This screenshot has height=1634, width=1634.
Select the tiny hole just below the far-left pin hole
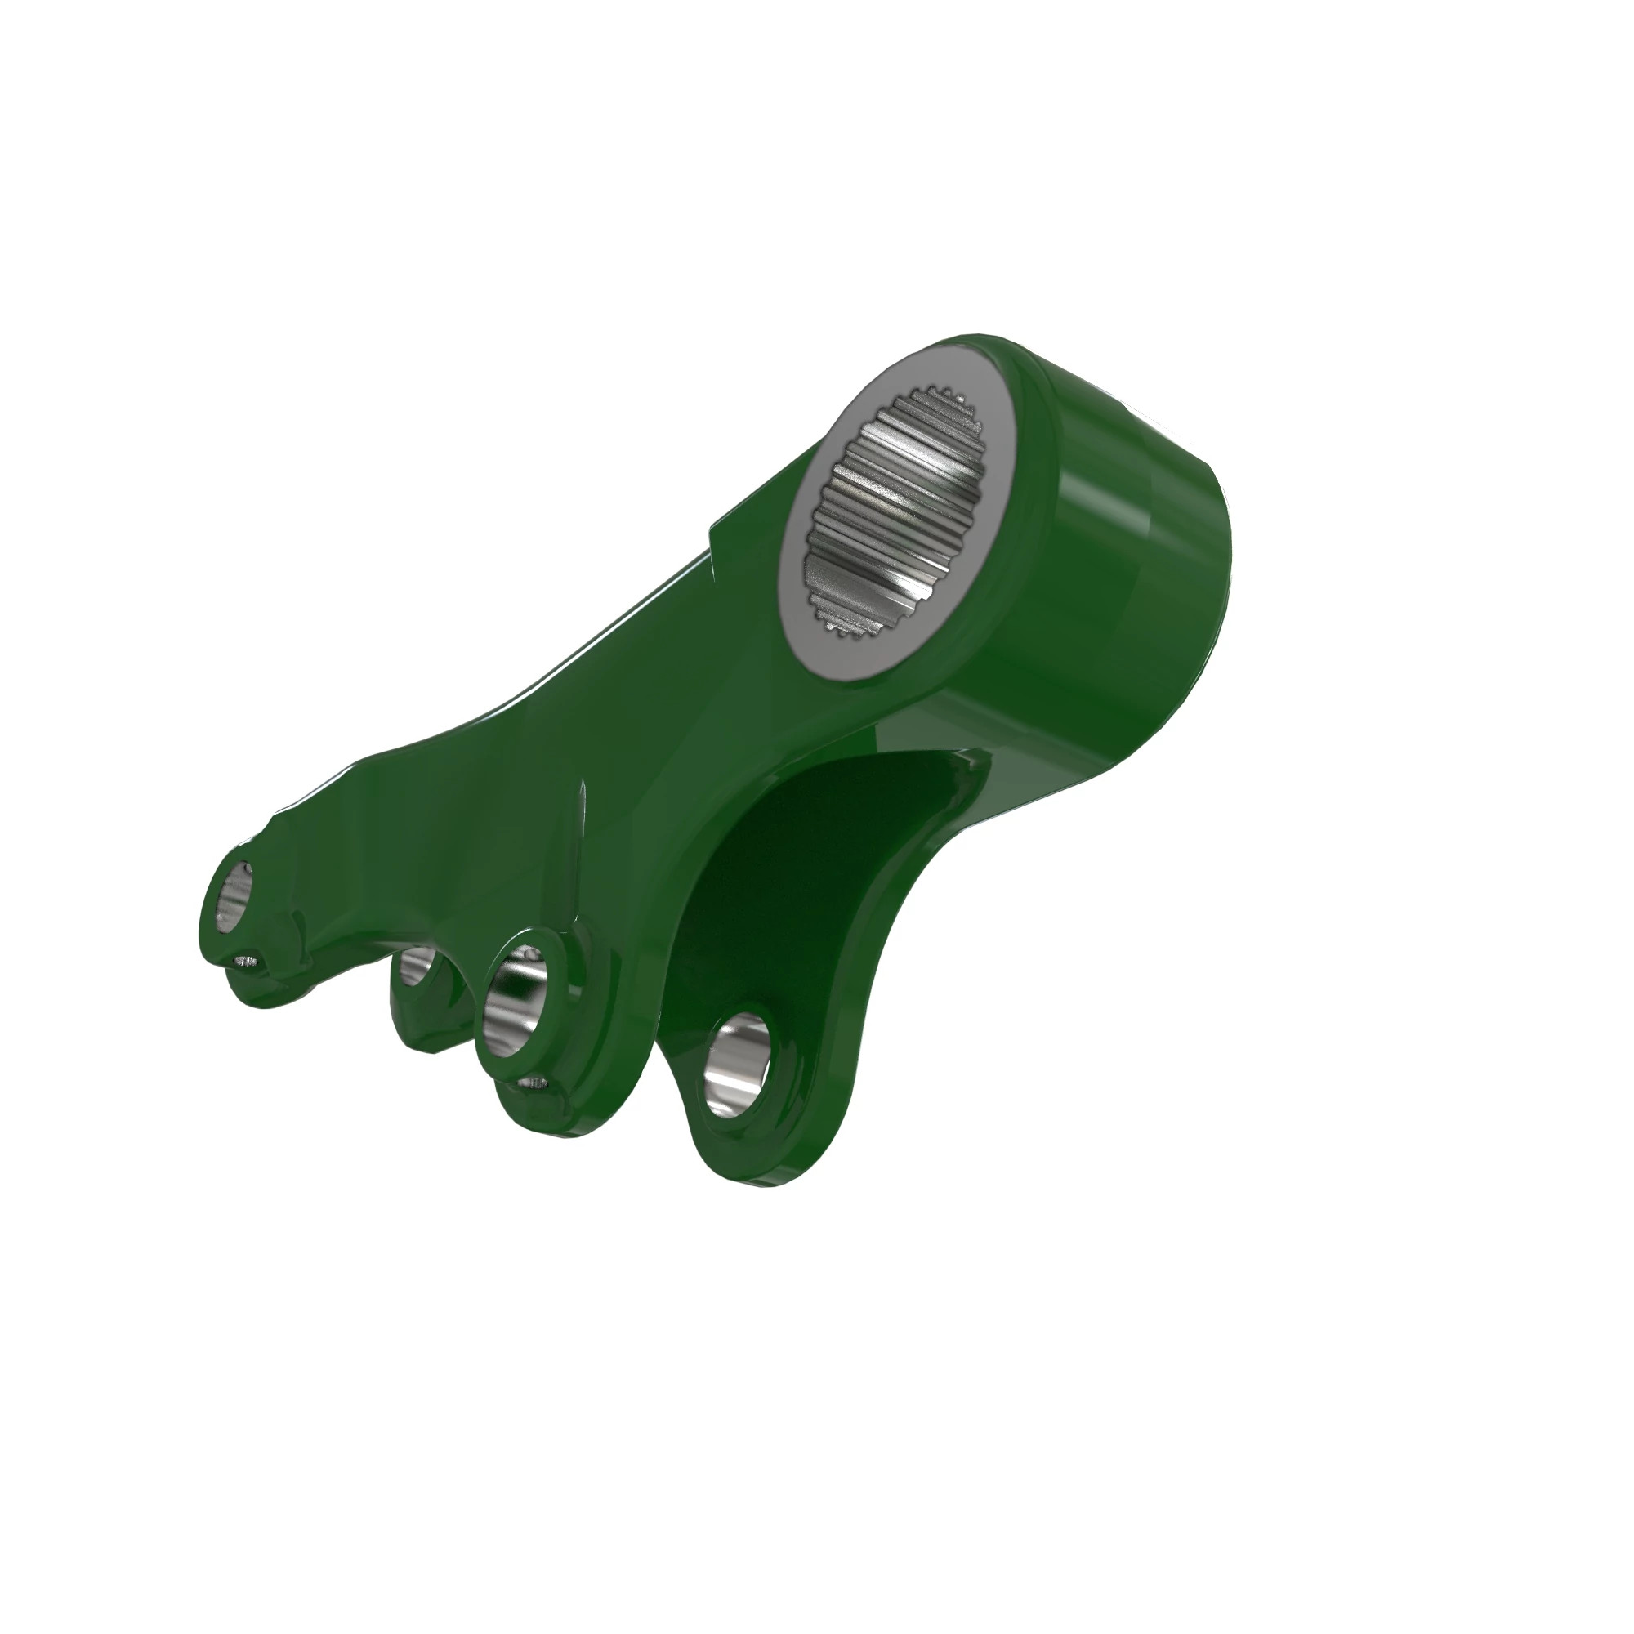(x=246, y=962)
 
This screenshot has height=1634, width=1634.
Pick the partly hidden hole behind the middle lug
(x=417, y=967)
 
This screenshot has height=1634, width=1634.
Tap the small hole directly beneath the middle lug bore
(x=532, y=1081)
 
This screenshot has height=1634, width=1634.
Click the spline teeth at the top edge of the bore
(x=939, y=398)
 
